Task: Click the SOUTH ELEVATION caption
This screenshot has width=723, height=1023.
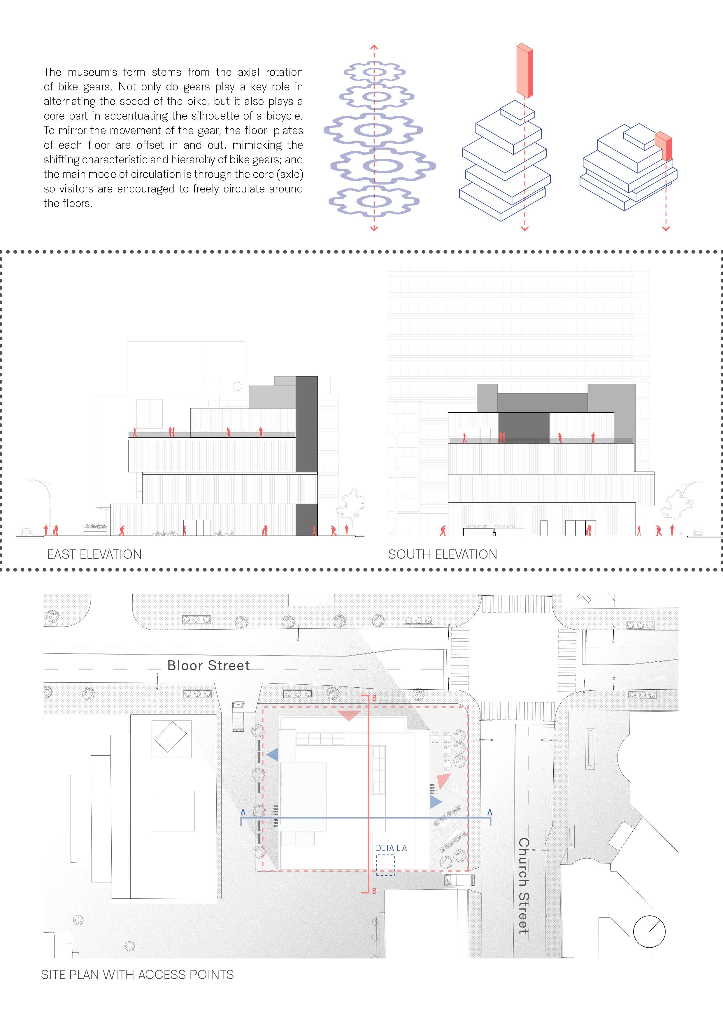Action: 442,554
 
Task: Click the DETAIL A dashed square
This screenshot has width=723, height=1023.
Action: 385,865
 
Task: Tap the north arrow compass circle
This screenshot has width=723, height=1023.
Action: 649,932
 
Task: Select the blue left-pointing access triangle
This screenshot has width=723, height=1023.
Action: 273,755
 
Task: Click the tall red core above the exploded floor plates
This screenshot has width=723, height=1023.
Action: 524,70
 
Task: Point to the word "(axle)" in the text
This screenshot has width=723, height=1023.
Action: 290,174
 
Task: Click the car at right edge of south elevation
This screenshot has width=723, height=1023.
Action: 698,532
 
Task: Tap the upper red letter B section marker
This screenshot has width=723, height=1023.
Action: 374,698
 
